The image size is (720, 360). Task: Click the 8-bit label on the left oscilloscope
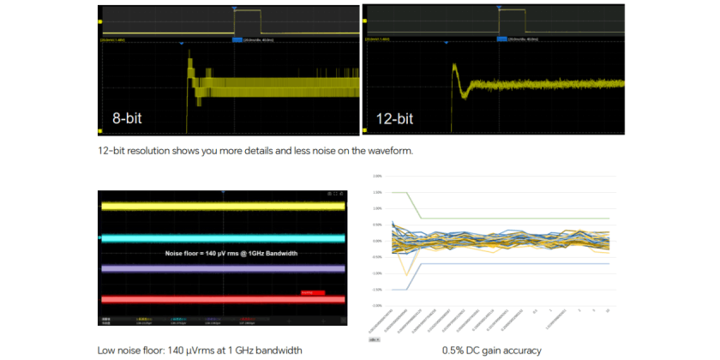coord(127,118)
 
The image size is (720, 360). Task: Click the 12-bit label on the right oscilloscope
coord(395,118)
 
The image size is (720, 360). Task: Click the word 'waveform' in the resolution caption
coord(390,151)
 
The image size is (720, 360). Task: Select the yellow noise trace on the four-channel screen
coord(223,207)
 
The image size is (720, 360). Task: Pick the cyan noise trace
coord(223,238)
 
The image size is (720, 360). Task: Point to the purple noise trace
coord(223,269)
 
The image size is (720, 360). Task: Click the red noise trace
coord(223,299)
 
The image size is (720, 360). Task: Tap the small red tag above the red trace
coord(312,293)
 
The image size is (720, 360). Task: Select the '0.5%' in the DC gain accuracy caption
coord(454,350)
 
